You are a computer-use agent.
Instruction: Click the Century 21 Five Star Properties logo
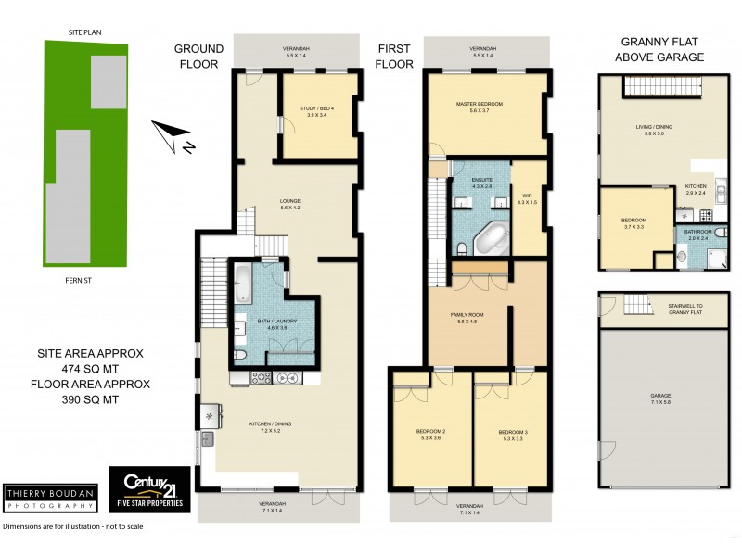pos(150,489)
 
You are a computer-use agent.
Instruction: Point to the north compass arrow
pos(173,137)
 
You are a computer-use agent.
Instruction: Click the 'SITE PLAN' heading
pos(84,32)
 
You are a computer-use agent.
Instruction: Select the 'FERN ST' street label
pos(84,279)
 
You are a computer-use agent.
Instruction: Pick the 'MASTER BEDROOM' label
pos(479,107)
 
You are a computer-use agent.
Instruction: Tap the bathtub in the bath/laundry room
pos(241,284)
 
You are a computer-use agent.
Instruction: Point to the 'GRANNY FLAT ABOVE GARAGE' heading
pos(662,49)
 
